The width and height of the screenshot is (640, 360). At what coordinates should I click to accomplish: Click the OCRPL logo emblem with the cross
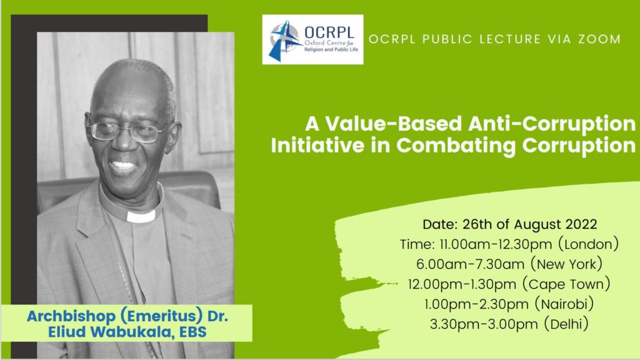point(284,40)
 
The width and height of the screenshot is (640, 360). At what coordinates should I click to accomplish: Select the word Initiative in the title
point(317,145)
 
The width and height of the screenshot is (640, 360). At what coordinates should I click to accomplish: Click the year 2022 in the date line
point(581,224)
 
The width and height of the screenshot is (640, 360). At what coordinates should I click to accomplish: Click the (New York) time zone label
point(566,264)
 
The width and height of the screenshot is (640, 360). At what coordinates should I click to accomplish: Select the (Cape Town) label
point(566,284)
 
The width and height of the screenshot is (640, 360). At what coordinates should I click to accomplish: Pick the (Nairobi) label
point(564,304)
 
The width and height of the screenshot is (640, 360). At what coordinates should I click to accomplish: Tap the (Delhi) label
point(566,324)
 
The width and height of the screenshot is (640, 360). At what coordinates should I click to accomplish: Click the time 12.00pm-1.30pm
point(462,284)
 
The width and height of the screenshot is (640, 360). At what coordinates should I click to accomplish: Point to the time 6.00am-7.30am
point(470,264)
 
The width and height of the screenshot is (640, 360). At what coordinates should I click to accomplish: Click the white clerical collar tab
point(141,216)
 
